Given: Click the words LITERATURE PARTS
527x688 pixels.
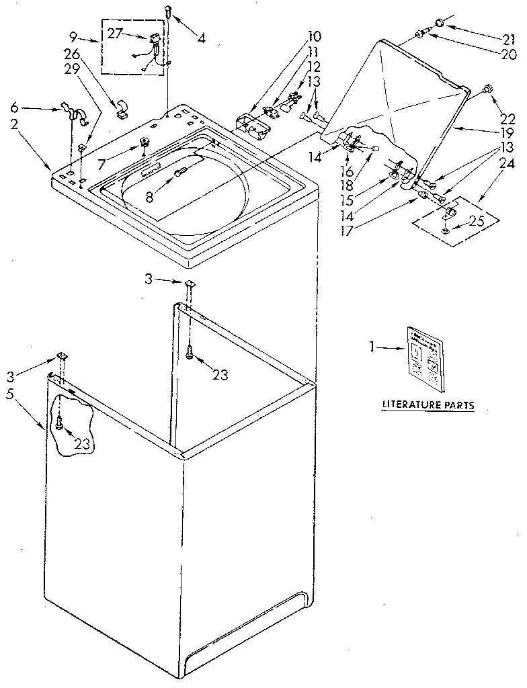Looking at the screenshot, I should tap(428, 405).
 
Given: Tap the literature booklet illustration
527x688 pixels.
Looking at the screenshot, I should tap(425, 357).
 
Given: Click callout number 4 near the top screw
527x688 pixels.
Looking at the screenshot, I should tap(201, 38).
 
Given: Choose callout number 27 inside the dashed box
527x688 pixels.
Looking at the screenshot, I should tap(115, 34).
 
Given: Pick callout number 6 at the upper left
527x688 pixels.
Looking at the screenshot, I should tap(15, 107).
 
